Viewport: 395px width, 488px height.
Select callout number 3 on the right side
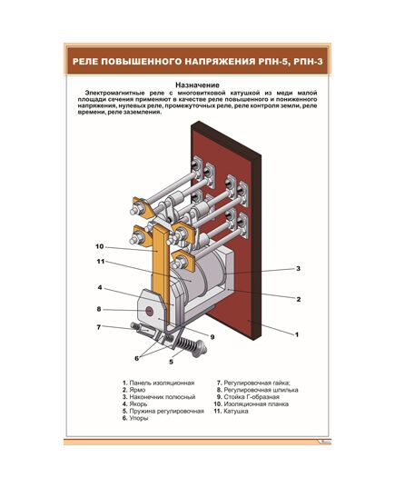[298, 269]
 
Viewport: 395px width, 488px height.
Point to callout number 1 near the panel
[297, 334]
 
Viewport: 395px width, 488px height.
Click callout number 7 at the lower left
[99, 326]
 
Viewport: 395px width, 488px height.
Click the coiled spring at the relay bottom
[188, 346]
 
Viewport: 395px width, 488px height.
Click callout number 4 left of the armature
[99, 289]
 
